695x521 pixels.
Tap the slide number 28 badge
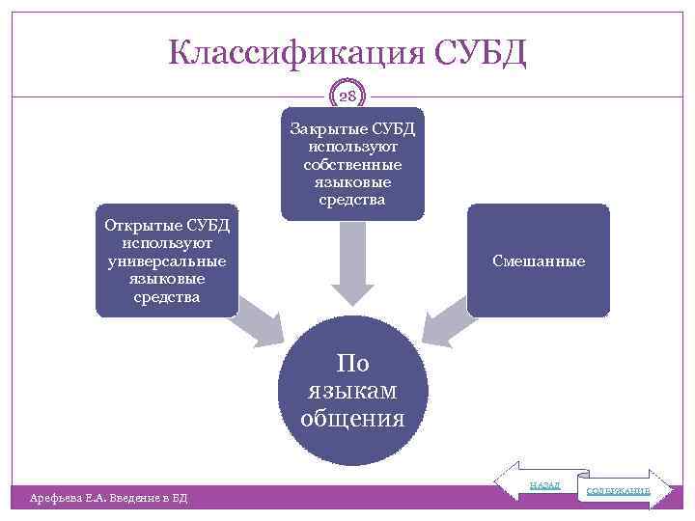[348, 96]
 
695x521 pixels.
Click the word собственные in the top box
[352, 165]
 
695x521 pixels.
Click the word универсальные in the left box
[167, 261]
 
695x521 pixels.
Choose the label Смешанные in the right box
[538, 260]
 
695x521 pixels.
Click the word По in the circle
[352, 364]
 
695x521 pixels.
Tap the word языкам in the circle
[352, 391]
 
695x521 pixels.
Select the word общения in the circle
[352, 418]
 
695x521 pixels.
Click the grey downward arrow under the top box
[352, 265]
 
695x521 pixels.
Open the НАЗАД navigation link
[543, 484]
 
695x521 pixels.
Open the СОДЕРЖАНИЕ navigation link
[619, 491]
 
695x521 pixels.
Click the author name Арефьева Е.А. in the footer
[72, 498]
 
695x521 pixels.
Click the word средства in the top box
[352, 201]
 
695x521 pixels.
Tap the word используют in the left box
[167, 243]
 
